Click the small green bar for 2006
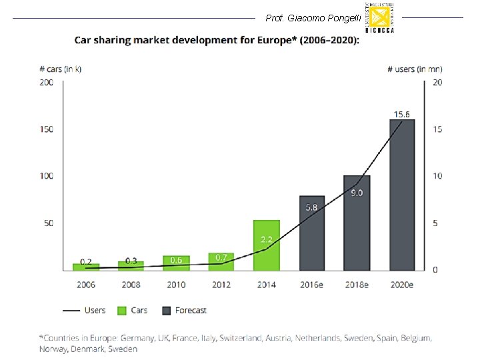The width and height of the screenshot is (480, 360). pos(86,267)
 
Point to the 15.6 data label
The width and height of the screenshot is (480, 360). pos(402,114)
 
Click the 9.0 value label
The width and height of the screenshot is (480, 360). pos(357,193)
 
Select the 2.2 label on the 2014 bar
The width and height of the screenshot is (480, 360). pos(267,239)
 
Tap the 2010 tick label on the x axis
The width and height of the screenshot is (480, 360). pos(176,285)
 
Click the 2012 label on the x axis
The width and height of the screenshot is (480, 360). pos(221,285)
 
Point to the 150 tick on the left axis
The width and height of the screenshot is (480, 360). pos(47,129)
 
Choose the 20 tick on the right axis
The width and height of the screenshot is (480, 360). pos(437,82)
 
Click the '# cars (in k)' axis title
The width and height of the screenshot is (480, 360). pos(61,69)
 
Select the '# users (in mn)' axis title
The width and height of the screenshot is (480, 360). pos(415,69)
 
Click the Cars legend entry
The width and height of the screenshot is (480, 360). pos(133,310)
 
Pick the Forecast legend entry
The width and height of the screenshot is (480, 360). pos(184,310)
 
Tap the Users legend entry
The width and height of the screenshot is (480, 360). pos(85,310)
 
